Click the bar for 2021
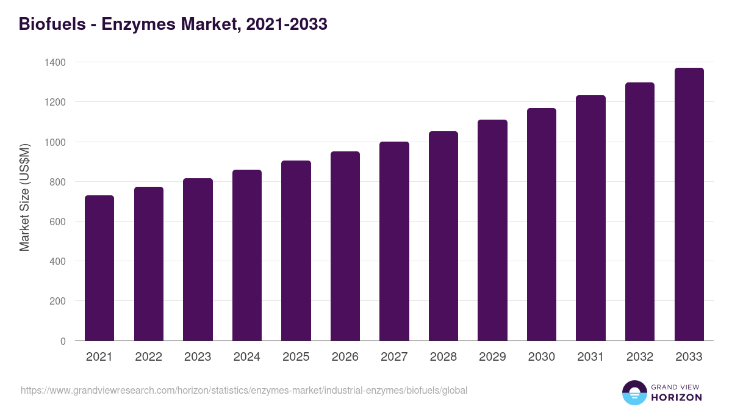[99, 268]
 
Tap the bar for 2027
[394, 241]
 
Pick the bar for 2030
[542, 224]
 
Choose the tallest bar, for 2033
[689, 204]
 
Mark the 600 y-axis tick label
[58, 222]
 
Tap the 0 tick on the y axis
[63, 341]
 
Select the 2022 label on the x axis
[148, 357]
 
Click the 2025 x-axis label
[296, 357]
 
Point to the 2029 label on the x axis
[492, 357]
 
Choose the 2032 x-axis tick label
[640, 357]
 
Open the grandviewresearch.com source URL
[244, 390]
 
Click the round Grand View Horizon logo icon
[634, 392]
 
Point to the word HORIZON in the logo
[676, 397]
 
